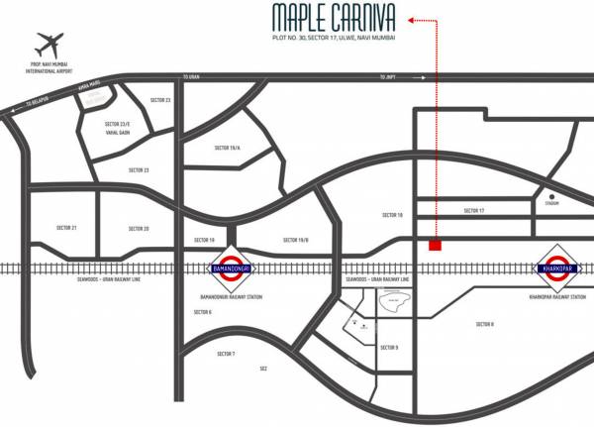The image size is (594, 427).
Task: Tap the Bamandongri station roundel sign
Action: [x=231, y=267]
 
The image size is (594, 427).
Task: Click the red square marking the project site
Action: [x=435, y=245]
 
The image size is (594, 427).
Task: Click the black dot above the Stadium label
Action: [x=551, y=197]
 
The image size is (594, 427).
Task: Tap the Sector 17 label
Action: [x=475, y=211]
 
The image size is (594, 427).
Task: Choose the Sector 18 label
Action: [x=393, y=214]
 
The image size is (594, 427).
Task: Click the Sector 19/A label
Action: [x=228, y=148]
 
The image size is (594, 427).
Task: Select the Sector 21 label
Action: [x=67, y=228]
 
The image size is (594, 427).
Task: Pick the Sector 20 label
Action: [x=139, y=228]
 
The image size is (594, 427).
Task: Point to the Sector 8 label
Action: [x=484, y=324]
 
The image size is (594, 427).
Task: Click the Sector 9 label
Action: [x=389, y=347]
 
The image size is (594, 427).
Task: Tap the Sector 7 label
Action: [x=226, y=353]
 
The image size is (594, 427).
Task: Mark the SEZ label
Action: [x=263, y=369]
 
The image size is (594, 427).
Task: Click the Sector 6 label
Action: [x=203, y=312]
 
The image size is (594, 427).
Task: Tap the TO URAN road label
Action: [x=192, y=77]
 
